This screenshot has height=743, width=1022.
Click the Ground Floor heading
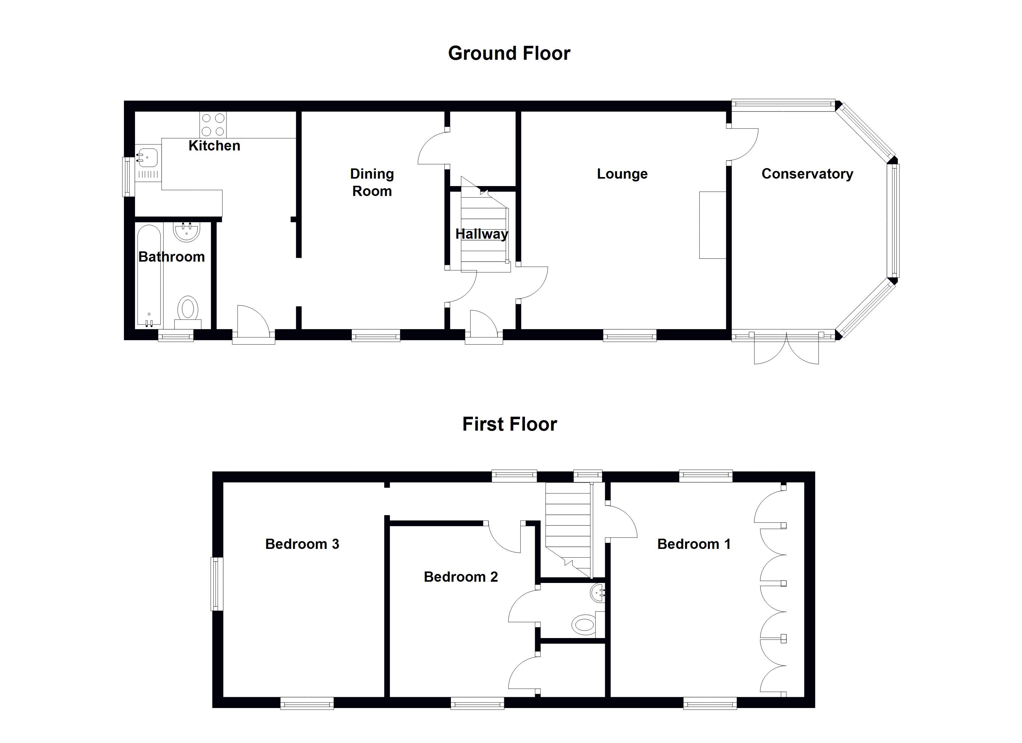coord(509,53)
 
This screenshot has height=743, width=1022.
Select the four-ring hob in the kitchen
coord(213,125)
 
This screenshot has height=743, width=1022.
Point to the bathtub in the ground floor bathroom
coord(149,275)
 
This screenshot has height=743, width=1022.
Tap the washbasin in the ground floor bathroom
coord(186,232)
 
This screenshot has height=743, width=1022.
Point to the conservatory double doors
coord(786,349)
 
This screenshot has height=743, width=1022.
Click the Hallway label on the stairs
coord(481,234)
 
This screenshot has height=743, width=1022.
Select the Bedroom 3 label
coord(302,544)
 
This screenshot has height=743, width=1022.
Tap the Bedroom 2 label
coord(461,577)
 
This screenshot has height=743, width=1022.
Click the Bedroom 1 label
coord(693,544)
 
